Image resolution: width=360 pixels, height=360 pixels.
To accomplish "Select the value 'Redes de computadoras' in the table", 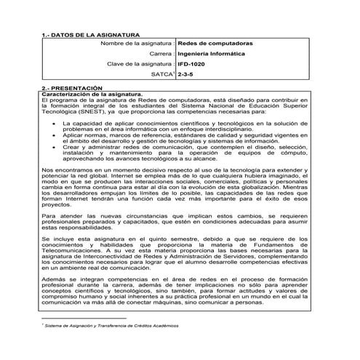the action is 210,44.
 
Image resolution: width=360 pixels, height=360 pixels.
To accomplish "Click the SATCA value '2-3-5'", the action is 185,75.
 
